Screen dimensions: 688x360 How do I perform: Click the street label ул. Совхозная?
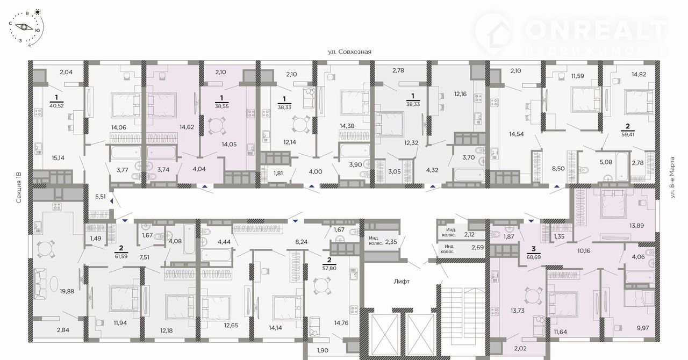coord(349,52)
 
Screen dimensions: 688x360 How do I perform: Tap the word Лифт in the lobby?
coord(402,282)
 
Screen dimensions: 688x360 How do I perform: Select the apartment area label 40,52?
coord(56,106)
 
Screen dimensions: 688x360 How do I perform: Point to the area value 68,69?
coord(534,257)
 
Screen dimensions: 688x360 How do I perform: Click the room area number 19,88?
coord(67,291)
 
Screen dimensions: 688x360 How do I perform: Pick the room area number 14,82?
coord(639,74)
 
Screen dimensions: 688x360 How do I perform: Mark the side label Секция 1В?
coord(19,188)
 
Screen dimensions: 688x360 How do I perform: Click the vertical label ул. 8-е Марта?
coord(672,177)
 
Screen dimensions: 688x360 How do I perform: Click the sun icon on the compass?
coord(38,12)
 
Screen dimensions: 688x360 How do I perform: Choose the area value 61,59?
coord(121,256)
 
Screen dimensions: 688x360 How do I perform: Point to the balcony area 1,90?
coord(322,350)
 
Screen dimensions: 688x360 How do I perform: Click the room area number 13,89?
coord(636,226)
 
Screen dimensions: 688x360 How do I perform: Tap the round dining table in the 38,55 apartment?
coord(217,126)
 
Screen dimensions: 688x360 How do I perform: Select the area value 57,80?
coord(329,268)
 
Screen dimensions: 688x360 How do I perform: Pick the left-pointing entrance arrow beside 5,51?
coord(112,201)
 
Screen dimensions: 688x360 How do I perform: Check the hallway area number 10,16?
coord(584,250)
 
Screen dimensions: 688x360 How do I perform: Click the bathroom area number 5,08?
coord(606,162)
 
